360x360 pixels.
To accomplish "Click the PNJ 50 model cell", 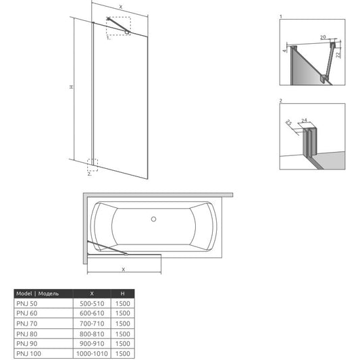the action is coord(27,303).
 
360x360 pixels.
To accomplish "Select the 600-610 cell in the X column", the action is coord(92,313).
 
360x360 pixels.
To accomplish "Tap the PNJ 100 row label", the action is coord(28,353).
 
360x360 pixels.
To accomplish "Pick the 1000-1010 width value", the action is coord(92,353).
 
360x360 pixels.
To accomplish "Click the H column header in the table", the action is coord(123,293).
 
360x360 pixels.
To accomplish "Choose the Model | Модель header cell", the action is coord(37,293).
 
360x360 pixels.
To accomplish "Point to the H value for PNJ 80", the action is coord(123,334).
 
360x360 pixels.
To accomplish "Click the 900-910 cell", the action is coord(92,344).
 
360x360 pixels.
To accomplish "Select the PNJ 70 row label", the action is coord(27,324).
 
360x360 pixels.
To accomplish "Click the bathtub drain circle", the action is coord(153,219).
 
